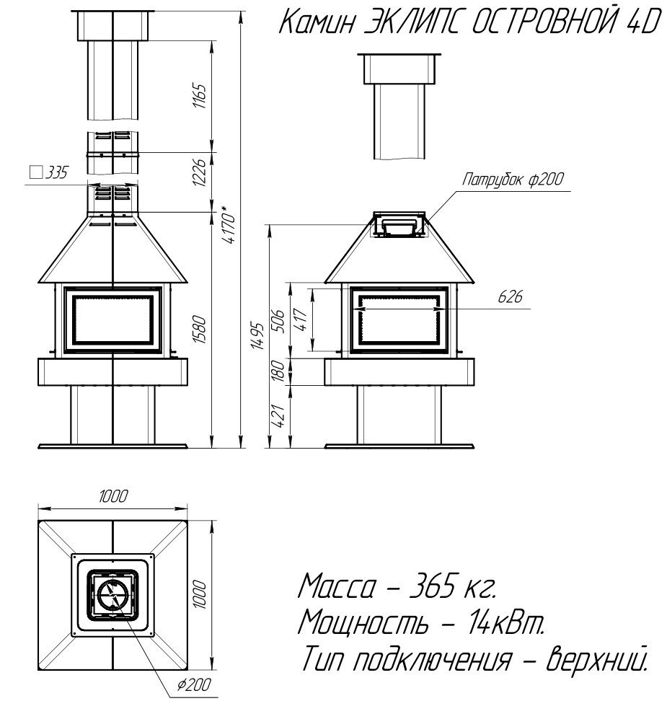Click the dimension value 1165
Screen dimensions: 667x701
[200, 96]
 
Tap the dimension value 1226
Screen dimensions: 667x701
[200, 172]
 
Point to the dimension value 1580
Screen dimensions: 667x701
[200, 330]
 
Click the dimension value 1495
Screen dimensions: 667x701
[257, 335]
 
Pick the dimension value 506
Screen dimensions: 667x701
[278, 320]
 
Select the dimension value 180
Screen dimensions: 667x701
[278, 371]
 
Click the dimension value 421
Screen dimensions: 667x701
[278, 416]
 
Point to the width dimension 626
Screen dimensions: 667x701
[510, 296]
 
